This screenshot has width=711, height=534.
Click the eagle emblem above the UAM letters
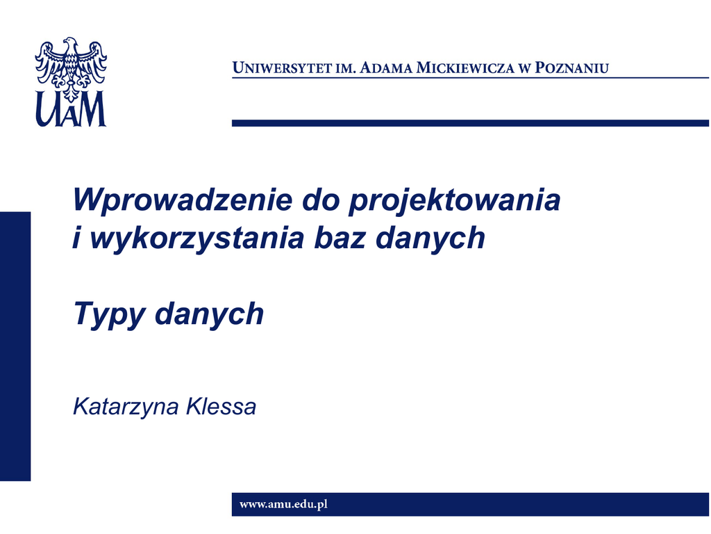72,68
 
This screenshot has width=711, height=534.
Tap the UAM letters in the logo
71,109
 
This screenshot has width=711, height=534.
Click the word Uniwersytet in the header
282,67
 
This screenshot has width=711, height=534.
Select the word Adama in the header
386,67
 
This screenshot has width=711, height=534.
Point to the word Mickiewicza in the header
466,67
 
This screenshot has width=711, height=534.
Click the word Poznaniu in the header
572,67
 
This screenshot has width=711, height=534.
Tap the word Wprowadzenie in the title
183,199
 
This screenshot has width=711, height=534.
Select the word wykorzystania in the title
197,238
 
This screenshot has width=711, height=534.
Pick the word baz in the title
340,238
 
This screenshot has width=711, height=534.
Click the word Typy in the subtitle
109,315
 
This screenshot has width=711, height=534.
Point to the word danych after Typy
210,315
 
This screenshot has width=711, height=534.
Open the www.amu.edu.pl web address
283,505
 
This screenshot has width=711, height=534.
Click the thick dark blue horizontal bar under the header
470,123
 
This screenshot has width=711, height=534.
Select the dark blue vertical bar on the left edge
15,346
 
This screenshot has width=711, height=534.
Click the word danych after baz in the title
430,238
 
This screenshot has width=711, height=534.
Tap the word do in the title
321,199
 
